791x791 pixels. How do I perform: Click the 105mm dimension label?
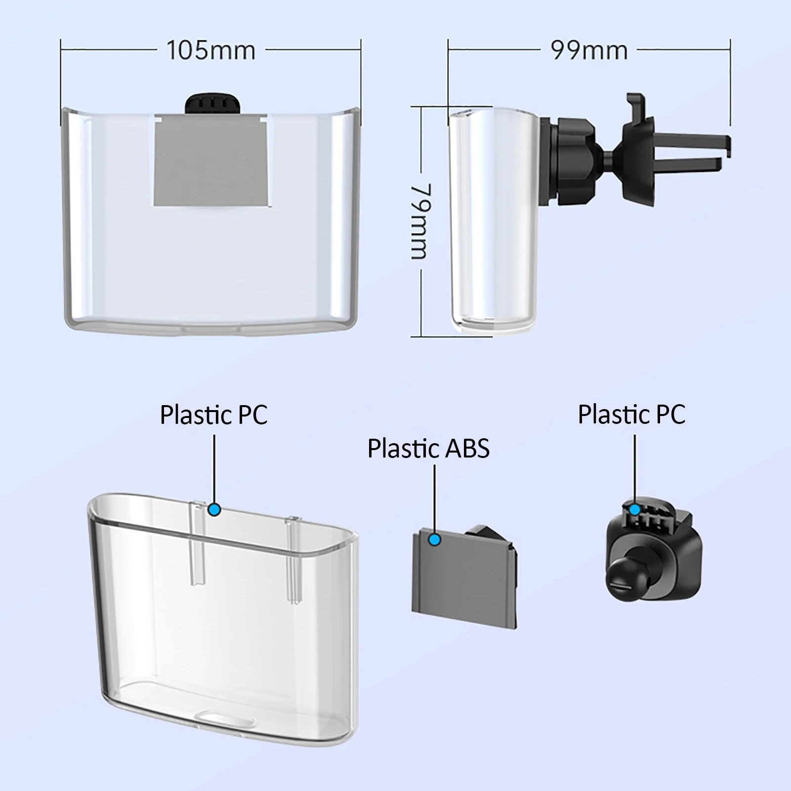pos(211,50)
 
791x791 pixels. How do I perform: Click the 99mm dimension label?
pos(589,50)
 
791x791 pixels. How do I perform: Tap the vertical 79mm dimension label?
pos(421,221)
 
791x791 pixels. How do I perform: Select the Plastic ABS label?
pos(428,449)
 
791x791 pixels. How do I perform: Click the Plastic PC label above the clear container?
pos(213,415)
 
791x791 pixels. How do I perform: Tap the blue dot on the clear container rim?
pos(214,509)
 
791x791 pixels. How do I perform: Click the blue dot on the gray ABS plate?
pos(435,540)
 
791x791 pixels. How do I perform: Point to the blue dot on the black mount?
pos(635,508)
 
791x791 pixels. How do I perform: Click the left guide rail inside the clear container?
pos(198,543)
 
